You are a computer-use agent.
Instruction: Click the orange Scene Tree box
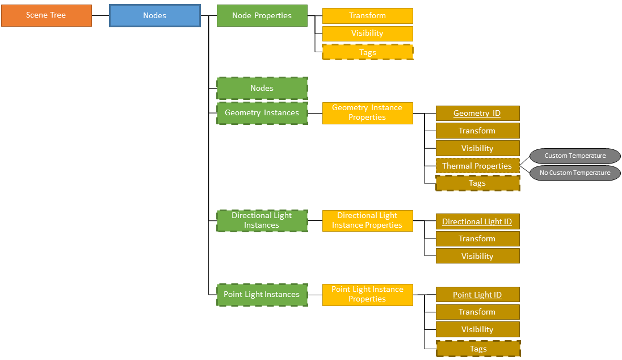46,15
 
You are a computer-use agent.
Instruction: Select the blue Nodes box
154,16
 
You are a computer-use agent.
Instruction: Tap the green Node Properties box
262,16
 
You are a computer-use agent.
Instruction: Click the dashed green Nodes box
262,89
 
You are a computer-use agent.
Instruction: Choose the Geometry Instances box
262,113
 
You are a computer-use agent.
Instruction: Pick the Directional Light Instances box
262,220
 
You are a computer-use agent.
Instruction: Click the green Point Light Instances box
262,295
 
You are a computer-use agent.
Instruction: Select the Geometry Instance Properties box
367,113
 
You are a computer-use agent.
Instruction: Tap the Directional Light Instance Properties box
367,220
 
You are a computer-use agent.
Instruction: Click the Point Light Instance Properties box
367,295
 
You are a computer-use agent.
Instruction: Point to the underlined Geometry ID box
477,114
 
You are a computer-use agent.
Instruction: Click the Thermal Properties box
477,166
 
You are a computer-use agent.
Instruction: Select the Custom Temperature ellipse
575,156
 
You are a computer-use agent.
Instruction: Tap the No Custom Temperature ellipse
575,173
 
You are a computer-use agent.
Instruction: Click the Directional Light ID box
477,221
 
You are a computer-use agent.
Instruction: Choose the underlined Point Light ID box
477,295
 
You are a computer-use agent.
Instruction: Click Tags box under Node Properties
367,52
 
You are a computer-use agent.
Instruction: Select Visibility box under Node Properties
367,34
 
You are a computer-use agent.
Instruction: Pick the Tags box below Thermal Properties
477,183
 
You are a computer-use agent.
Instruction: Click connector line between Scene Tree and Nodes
100,16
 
